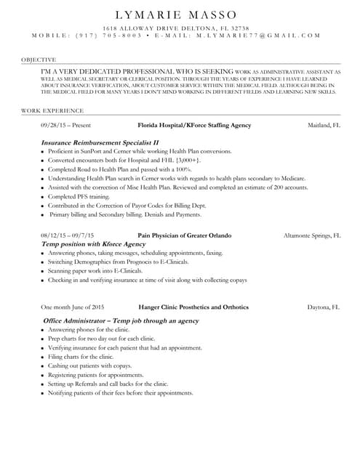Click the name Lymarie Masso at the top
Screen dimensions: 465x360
[x=180, y=15]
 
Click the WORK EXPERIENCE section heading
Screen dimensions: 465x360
[x=52, y=110]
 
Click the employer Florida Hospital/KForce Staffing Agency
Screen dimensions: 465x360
[x=194, y=126]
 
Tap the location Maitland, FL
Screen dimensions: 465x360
[x=324, y=126]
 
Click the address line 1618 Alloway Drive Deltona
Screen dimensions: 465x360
[x=180, y=26]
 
